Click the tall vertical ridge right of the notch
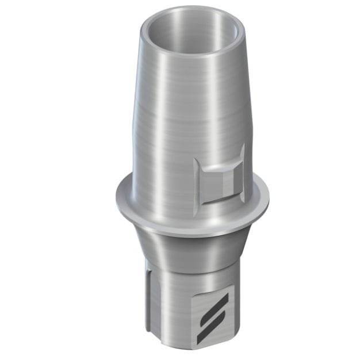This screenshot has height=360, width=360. click(242, 173)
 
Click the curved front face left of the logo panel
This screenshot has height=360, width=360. click(173, 311)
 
